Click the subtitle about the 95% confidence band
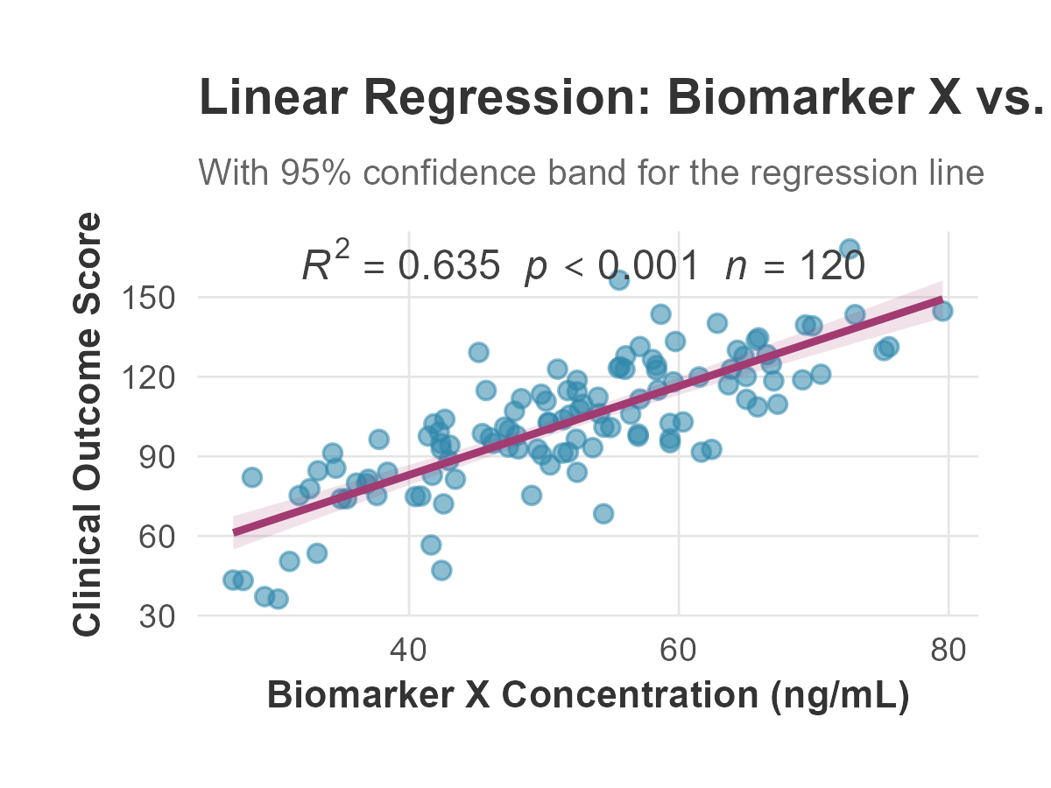coord(591,172)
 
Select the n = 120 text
coord(795,265)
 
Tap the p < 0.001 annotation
coord(612,265)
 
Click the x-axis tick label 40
coord(409,651)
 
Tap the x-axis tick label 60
coord(679,651)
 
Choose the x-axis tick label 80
coord(949,651)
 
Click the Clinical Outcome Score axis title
coord(88,425)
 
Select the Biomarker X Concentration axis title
coord(588,696)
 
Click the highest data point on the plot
coord(849,249)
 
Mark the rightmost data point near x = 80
coord(942,311)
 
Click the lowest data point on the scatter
coord(278,599)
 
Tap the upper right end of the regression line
coord(942,300)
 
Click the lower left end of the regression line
coord(234,531)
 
